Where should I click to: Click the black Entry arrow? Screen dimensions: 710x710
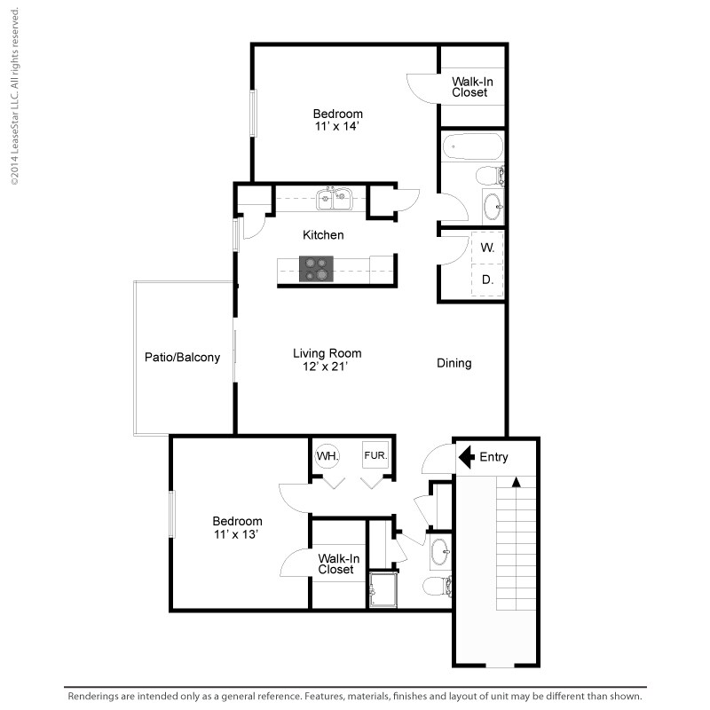465,457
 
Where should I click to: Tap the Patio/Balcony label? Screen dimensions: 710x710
182,358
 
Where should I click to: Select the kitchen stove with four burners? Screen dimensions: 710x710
317,267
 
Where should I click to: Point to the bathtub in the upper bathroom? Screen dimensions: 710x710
472,146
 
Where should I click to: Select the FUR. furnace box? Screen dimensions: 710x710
373,456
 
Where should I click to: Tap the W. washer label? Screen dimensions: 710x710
487,248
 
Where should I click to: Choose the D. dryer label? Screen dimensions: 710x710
487,280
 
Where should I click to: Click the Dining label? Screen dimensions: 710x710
454,363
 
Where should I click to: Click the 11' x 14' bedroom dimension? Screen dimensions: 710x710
338,127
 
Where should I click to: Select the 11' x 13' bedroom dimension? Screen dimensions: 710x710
237,533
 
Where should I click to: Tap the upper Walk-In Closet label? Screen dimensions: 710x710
471,87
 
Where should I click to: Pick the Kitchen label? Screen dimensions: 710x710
323,235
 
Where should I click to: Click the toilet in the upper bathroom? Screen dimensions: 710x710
491,175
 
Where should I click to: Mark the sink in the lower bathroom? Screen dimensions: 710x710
440,554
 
